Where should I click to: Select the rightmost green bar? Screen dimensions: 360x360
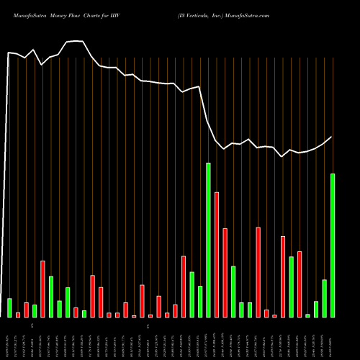333,245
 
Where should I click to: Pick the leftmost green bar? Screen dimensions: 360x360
10,307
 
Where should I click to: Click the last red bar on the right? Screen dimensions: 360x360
300,284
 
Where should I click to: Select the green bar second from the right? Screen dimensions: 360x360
324,298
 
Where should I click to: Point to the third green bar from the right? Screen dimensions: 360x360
316,309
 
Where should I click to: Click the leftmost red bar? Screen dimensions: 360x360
18,315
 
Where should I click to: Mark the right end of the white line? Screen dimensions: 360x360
332,137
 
